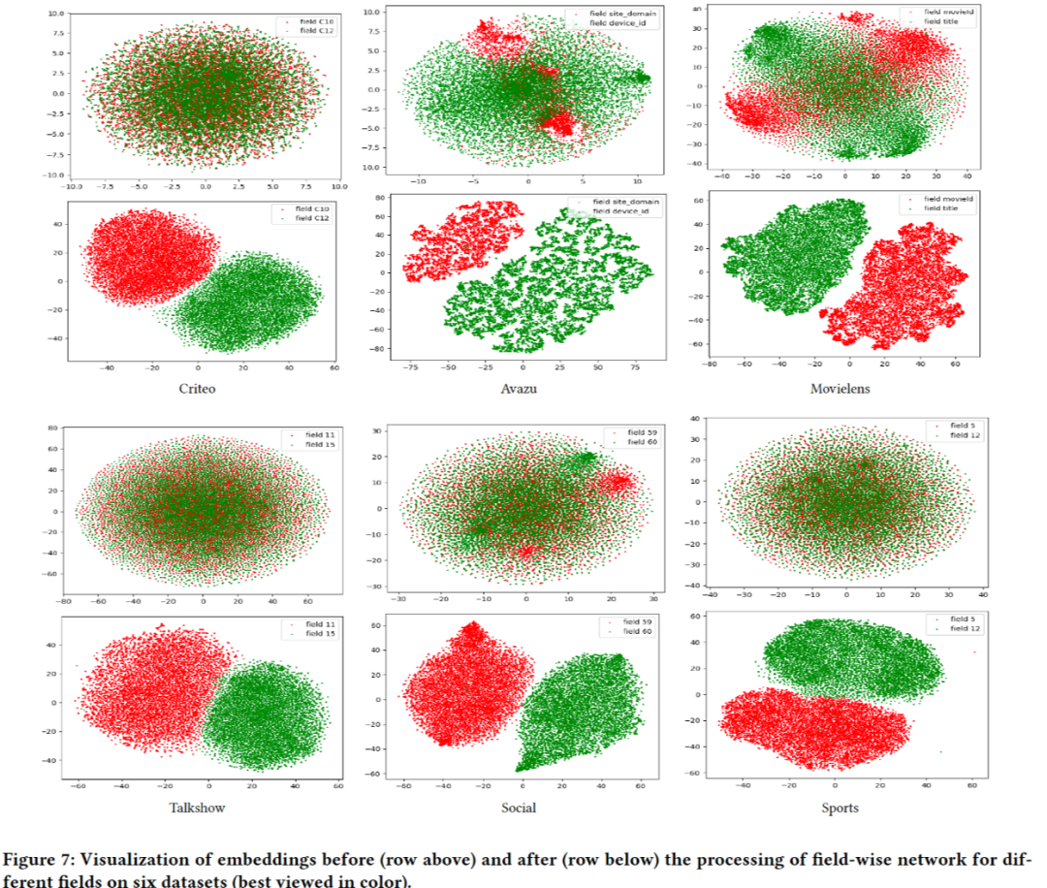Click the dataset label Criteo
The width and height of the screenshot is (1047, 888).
click(x=198, y=388)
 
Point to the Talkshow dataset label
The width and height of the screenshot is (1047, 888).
click(x=199, y=807)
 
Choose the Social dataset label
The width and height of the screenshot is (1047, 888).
click(x=519, y=807)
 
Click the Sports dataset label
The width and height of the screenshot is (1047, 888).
click(x=839, y=807)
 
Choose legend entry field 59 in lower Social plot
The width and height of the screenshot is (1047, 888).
click(x=633, y=621)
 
